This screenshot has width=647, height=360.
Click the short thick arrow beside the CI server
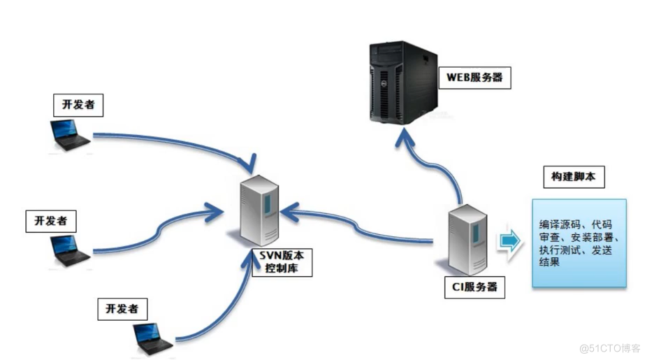point(510,241)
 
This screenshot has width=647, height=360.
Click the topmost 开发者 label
point(78,106)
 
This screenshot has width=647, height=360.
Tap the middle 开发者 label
point(50,221)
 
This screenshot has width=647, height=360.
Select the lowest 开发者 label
point(123,308)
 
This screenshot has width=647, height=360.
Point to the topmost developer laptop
point(70,135)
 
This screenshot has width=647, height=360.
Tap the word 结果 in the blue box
point(550,264)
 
